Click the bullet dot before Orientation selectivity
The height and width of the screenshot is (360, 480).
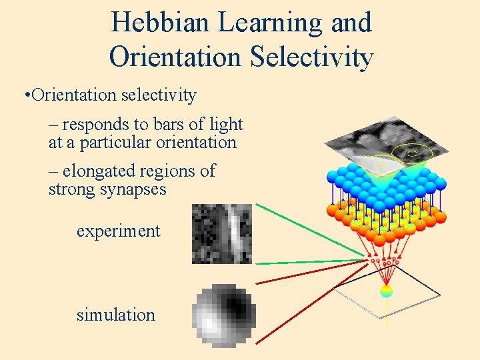25,95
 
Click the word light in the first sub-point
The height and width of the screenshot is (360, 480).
227,124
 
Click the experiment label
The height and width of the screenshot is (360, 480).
118,231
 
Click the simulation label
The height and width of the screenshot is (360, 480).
115,315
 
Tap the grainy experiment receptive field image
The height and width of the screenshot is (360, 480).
221,233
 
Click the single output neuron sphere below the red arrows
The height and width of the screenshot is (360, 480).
385,291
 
